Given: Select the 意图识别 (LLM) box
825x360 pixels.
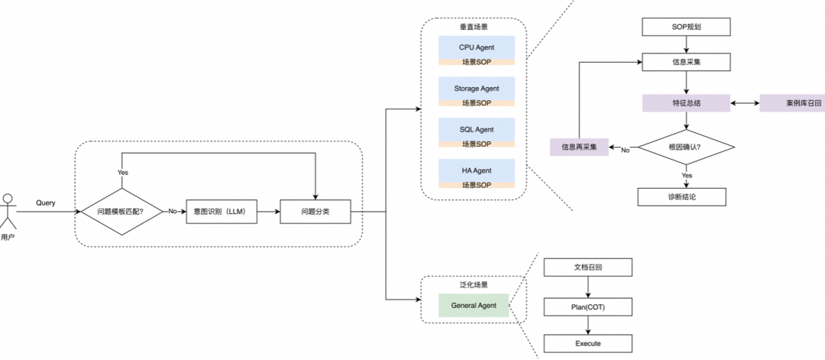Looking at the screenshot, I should pyautogui.click(x=222, y=211).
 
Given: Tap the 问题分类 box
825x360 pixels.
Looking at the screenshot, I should pyautogui.click(x=315, y=211).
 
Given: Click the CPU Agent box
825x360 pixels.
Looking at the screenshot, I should pyautogui.click(x=477, y=47).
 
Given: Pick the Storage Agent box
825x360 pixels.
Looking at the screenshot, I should pyautogui.click(x=477, y=89).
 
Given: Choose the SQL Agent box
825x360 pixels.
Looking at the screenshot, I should pyautogui.click(x=477, y=129).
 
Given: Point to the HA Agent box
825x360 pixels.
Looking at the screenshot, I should pyautogui.click(x=477, y=170).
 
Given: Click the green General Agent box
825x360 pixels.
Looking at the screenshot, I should pyautogui.click(x=474, y=305).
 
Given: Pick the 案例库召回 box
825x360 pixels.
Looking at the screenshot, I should pyautogui.click(x=792, y=102).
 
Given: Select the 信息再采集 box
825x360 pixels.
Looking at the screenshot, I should pyautogui.click(x=579, y=146).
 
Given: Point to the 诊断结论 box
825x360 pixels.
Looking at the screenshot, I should pyautogui.click(x=681, y=196).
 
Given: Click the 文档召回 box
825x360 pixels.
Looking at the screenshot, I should pyautogui.click(x=587, y=268).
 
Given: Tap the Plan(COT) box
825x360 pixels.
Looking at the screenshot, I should pyautogui.click(x=587, y=306).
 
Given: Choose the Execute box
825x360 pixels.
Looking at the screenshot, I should pyautogui.click(x=587, y=343).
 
